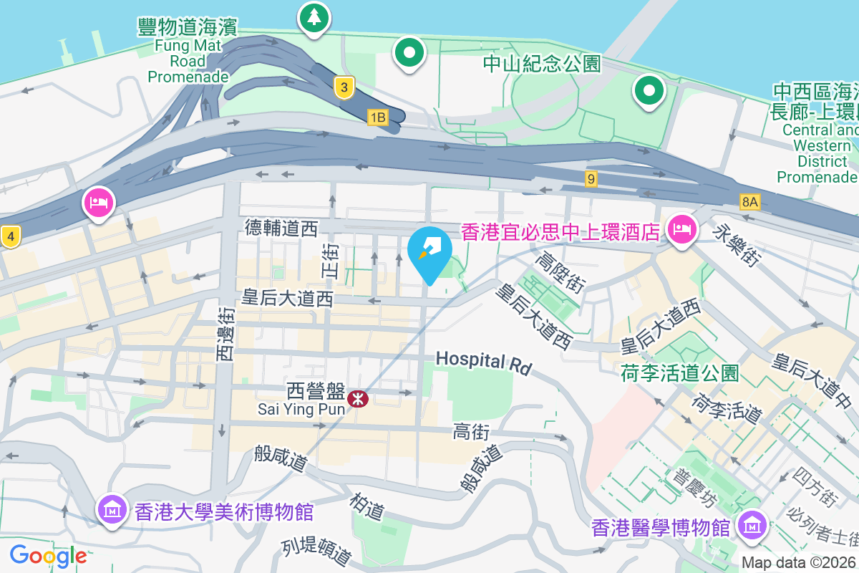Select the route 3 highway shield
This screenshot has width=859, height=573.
344,88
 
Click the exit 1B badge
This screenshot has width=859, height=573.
377,117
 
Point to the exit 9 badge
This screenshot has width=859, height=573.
591,179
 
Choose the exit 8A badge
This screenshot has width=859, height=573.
749,201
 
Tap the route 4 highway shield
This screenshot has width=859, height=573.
9,235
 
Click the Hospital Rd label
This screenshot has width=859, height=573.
485,362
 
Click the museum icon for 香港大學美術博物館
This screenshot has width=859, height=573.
113,511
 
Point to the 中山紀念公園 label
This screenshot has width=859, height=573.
541,64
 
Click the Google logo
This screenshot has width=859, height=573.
48,555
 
